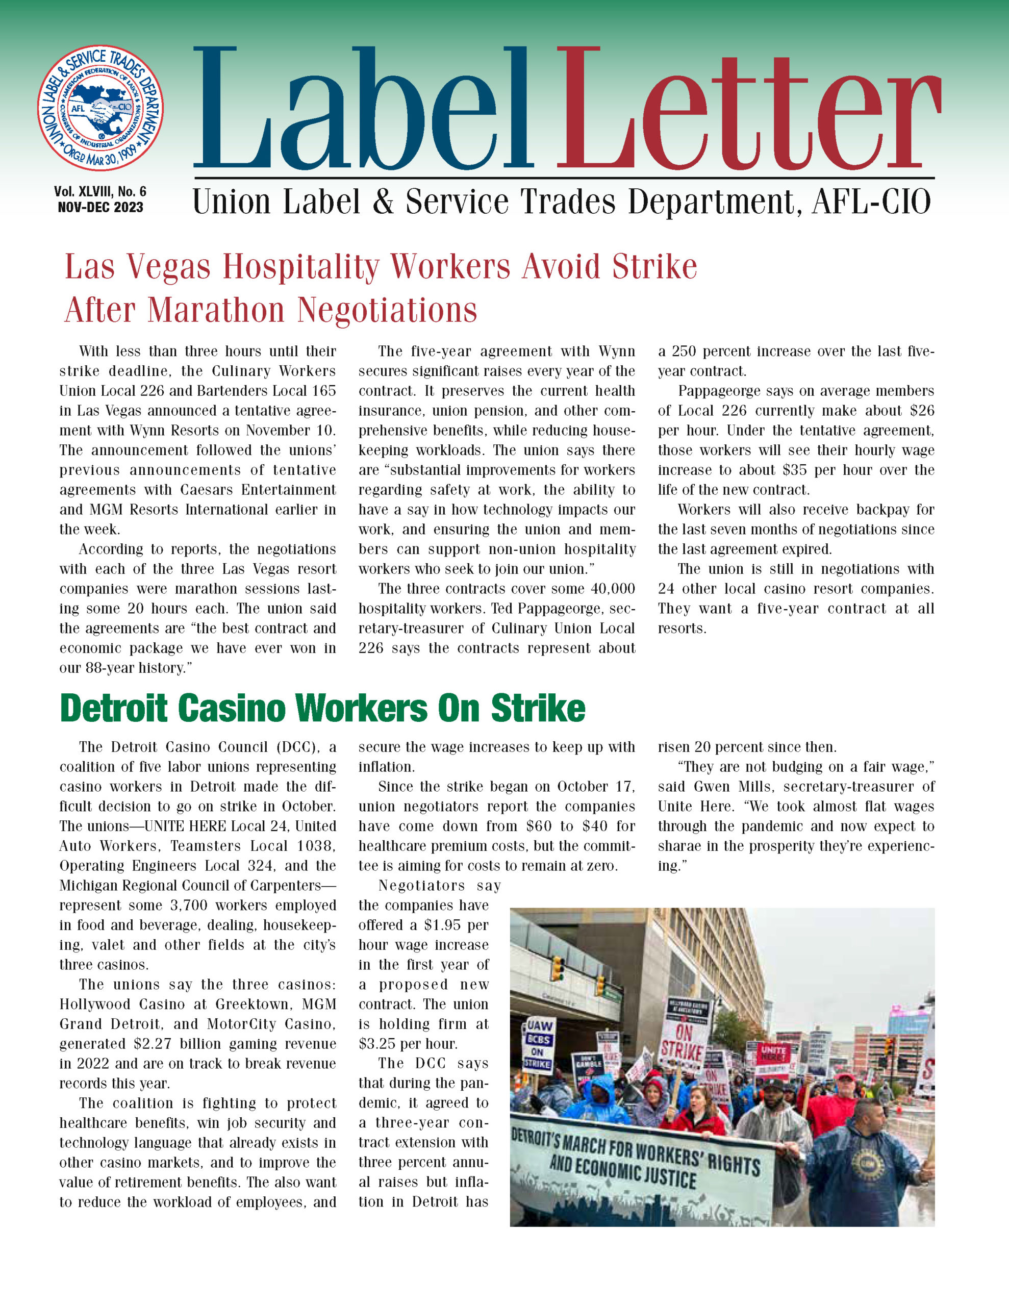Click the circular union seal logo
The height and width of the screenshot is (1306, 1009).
(x=100, y=108)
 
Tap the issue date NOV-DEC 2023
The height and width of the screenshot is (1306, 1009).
(x=100, y=208)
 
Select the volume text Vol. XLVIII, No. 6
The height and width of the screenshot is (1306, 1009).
(x=100, y=191)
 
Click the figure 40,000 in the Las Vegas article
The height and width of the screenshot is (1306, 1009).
(x=613, y=589)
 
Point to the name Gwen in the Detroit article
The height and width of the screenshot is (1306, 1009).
(x=714, y=787)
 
